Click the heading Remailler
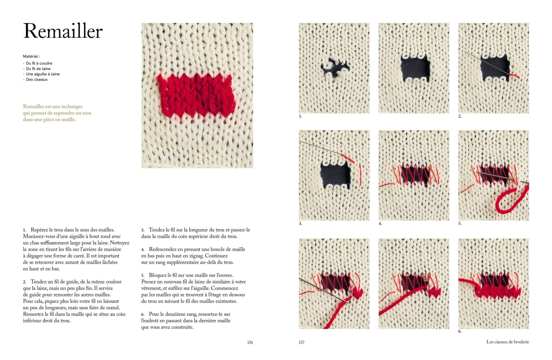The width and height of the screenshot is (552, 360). [63, 31]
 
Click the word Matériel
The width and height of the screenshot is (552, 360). [30, 56]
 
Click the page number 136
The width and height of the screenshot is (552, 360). [250, 342]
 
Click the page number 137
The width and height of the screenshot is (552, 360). [302, 342]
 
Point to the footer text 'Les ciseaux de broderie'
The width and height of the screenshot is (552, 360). [507, 342]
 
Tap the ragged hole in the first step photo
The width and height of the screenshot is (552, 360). [335, 68]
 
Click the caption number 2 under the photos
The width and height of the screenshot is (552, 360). [460, 117]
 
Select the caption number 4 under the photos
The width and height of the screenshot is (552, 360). [380, 224]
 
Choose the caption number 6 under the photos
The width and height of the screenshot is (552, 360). [460, 331]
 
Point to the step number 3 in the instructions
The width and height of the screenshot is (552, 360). [142, 230]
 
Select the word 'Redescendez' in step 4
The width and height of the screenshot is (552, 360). [163, 249]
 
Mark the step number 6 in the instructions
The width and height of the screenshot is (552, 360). [142, 314]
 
